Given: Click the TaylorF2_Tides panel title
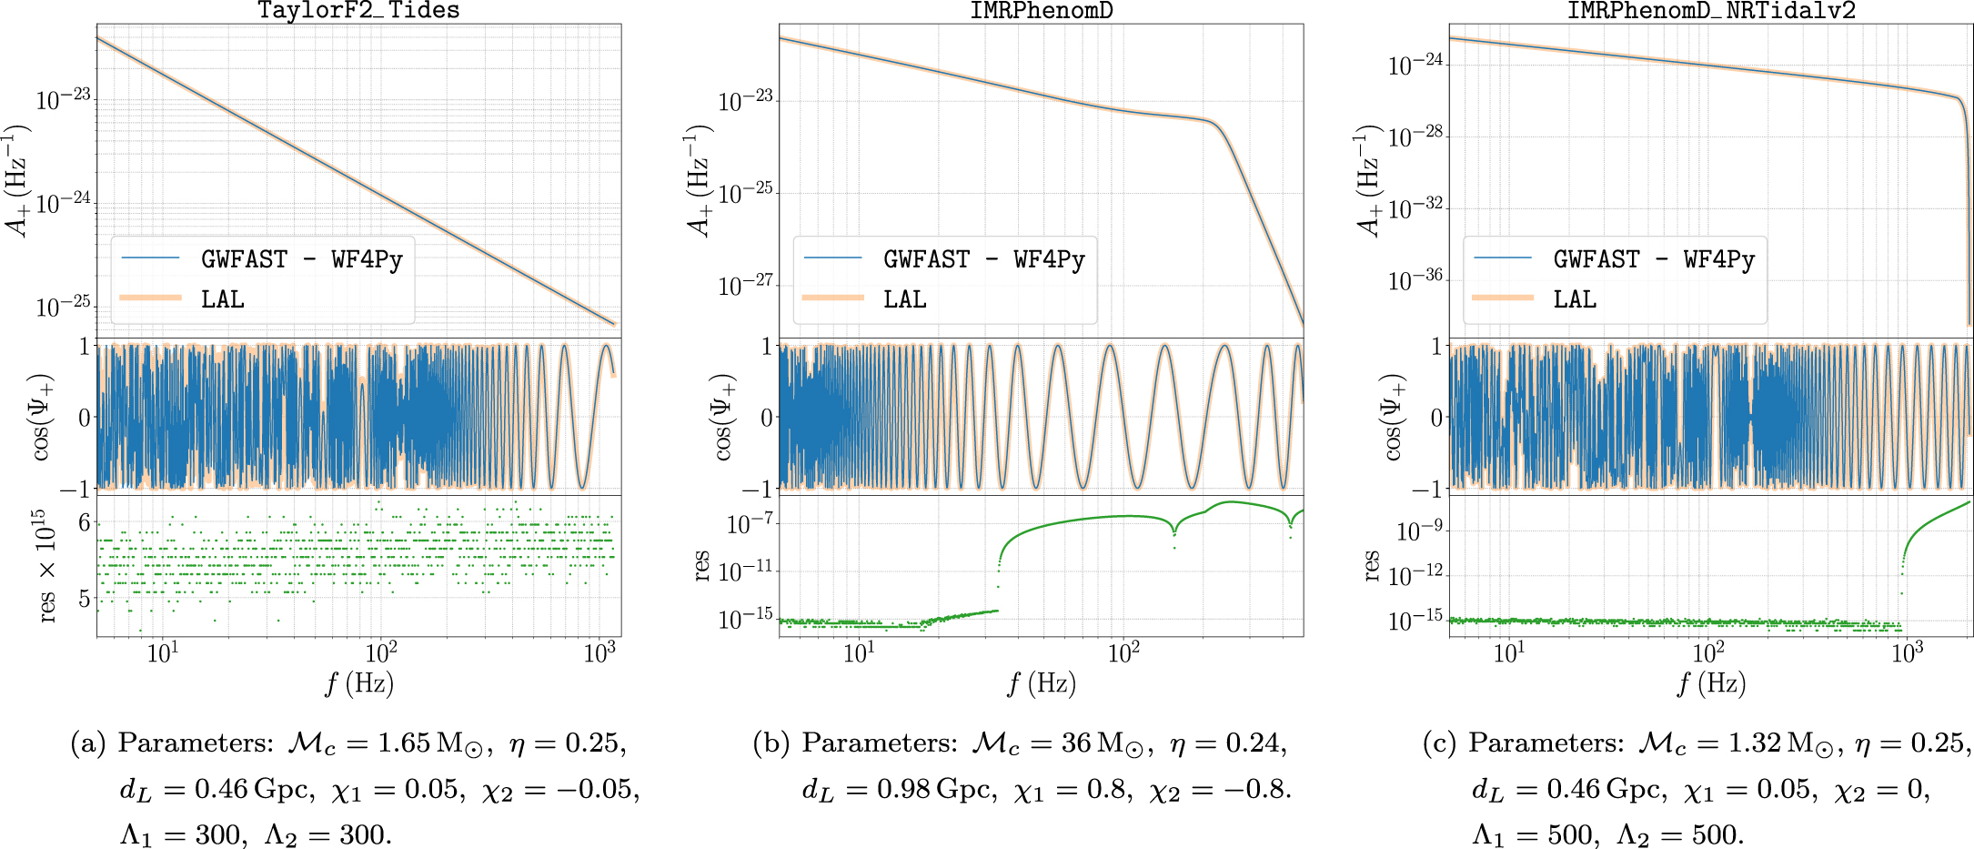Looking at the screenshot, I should (x=358, y=11).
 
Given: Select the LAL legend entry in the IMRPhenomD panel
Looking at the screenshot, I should (x=904, y=299).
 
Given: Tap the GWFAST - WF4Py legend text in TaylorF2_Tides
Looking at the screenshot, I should (x=301, y=259).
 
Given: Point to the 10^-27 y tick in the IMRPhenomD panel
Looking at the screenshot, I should (x=746, y=286).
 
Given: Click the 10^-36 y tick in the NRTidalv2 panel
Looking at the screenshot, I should (x=1415, y=280).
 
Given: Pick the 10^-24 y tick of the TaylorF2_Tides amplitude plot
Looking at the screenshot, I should (x=64, y=201).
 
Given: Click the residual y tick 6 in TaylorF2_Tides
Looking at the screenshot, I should (x=85, y=522).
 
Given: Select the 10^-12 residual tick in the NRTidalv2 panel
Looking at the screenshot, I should (x=1415, y=576).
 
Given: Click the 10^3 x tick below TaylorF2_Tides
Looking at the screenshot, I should (x=599, y=653).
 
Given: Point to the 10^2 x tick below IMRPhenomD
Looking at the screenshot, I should (x=1123, y=653).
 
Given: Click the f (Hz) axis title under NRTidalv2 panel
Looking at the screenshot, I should (x=1711, y=683).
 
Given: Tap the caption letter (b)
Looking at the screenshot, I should (x=770, y=743).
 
